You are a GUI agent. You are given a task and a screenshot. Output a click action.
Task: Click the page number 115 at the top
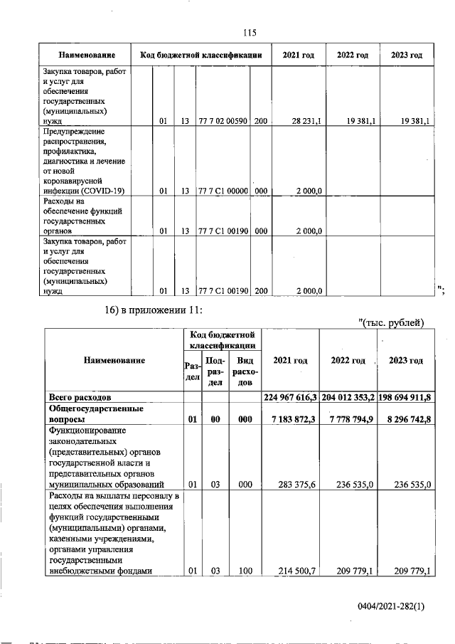click(x=249, y=33)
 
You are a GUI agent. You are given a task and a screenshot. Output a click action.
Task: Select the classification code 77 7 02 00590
click(x=223, y=122)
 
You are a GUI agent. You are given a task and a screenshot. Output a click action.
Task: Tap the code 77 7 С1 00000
click(x=223, y=191)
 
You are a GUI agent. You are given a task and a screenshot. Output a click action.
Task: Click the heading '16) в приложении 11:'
click(x=154, y=310)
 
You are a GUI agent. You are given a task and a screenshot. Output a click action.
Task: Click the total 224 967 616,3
click(x=290, y=396)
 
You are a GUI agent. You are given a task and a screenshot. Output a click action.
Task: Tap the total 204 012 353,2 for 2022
click(x=348, y=396)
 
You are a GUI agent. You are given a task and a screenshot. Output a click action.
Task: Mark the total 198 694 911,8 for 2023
click(x=405, y=396)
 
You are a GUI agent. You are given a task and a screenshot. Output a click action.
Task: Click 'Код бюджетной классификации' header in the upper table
click(x=202, y=56)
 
